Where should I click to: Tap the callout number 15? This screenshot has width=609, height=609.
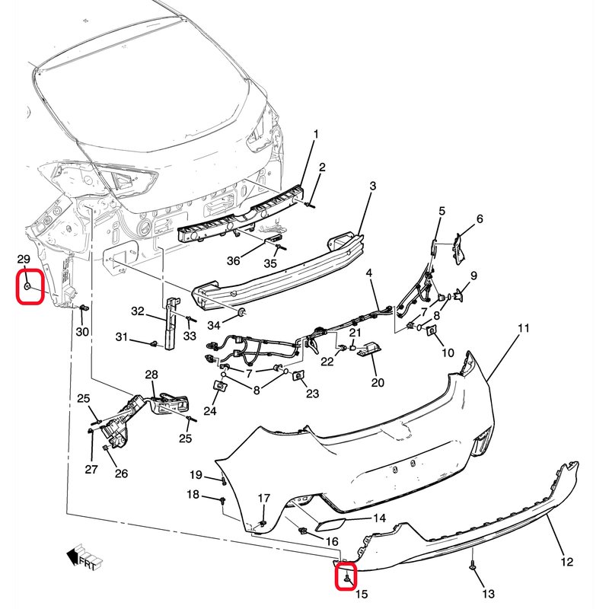pos(361,593)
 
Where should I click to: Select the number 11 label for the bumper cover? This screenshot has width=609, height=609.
pos(523,328)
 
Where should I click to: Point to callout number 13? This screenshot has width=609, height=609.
pos(488,593)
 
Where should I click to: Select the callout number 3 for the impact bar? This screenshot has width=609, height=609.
pos(373,185)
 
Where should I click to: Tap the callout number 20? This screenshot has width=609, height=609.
pos(378,383)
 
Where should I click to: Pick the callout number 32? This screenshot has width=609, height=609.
pos(138,311)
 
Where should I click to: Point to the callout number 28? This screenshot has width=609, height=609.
pos(151,375)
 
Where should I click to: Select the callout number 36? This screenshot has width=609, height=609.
pos(233,260)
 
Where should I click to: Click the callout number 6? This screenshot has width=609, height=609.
pos(480,219)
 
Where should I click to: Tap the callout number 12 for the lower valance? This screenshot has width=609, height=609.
pos(566,563)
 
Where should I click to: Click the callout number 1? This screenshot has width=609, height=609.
pos(316,134)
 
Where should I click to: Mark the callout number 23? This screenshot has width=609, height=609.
pos(312,393)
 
